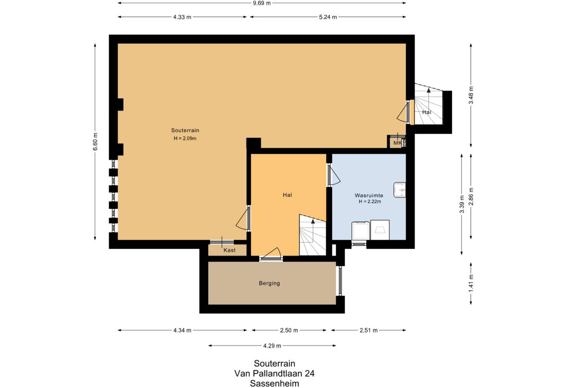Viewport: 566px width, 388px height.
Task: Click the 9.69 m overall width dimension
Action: pyautogui.click(x=262, y=3)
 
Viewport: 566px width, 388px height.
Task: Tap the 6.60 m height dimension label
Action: pyautogui.click(x=95, y=142)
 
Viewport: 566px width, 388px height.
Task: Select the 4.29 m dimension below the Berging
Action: pyautogui.click(x=272, y=346)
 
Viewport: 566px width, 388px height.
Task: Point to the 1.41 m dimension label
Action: pyautogui.click(x=471, y=283)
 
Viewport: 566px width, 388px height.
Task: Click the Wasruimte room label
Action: pyautogui.click(x=369, y=195)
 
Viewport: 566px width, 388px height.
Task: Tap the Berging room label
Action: pyautogui.click(x=270, y=283)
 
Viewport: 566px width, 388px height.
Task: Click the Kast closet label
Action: pyautogui.click(x=229, y=250)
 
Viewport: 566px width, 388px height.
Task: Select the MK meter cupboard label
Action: pyautogui.click(x=397, y=143)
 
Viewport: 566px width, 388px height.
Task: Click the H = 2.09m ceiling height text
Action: pyautogui.click(x=185, y=138)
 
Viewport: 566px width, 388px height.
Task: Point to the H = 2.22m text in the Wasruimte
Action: pyautogui.click(x=370, y=201)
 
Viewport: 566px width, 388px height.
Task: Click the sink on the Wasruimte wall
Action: pyautogui.click(x=400, y=190)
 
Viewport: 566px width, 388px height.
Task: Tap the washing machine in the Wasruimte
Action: pyautogui.click(x=361, y=231)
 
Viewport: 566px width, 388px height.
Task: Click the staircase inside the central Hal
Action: pyautogui.click(x=313, y=235)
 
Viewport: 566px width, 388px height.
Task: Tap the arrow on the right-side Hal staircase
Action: pyautogui.click(x=429, y=99)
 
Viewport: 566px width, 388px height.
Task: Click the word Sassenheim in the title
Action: pyautogui.click(x=274, y=384)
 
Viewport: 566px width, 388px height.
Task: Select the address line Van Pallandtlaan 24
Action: pyautogui.click(x=274, y=373)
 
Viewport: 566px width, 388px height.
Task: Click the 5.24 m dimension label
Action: pyautogui.click(x=328, y=17)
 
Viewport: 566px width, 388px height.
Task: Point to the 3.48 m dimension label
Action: pyautogui.click(x=471, y=95)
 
